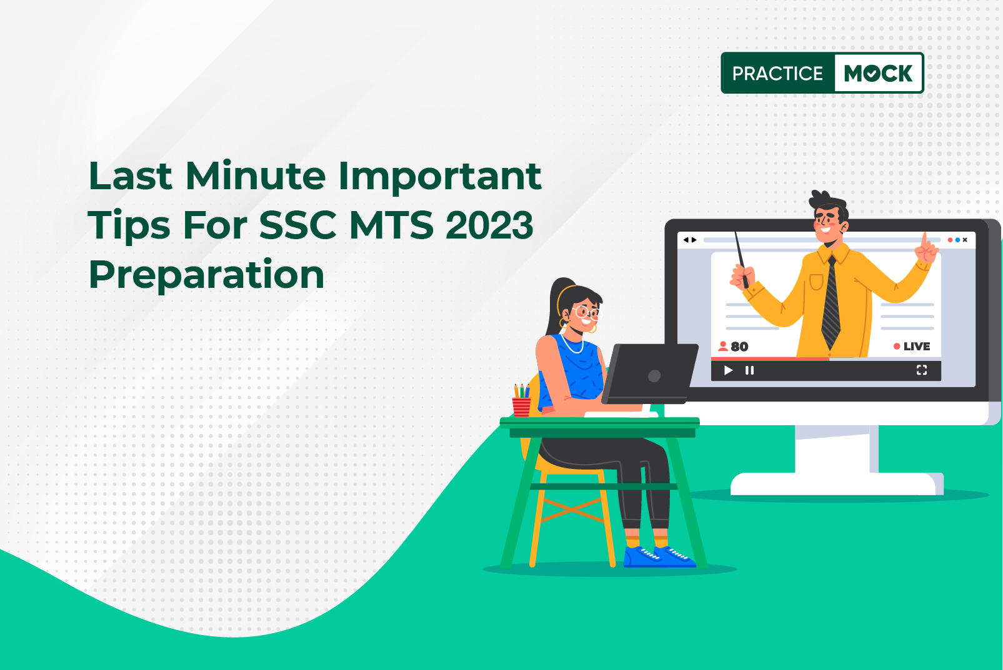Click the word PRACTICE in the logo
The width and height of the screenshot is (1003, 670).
[x=777, y=73]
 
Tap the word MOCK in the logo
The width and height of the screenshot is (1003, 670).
[x=877, y=73]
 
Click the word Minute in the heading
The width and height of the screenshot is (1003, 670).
[x=256, y=176]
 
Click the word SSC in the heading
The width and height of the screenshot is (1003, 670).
[x=297, y=225]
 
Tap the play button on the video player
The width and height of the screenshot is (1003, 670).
[x=729, y=370]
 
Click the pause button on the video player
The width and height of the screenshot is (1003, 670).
[x=749, y=370]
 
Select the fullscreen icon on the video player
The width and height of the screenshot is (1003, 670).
[x=922, y=370]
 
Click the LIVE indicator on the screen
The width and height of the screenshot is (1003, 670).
[x=912, y=347]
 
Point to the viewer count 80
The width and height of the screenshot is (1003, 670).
[x=734, y=347]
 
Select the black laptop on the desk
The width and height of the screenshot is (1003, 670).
[x=649, y=374]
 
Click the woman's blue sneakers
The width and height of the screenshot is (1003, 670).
[x=659, y=557]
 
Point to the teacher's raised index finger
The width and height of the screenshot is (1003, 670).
[x=924, y=240]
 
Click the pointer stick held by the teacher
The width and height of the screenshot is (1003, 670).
[x=741, y=260]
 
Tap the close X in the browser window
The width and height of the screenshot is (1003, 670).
[x=965, y=240]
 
